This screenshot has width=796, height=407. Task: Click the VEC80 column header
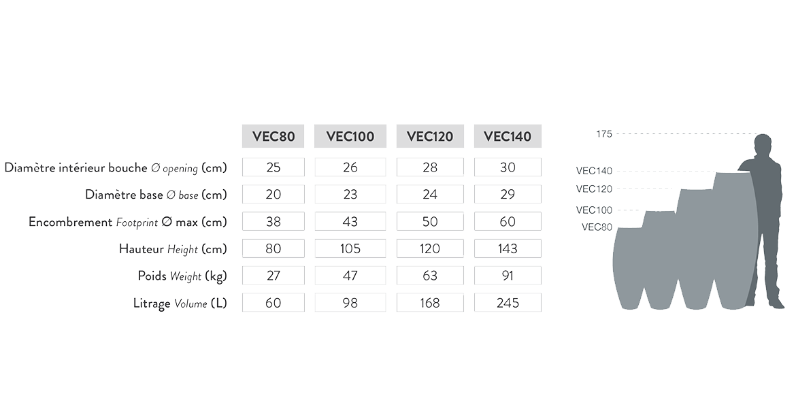pos(273,136)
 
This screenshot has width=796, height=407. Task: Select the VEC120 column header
pos(430,136)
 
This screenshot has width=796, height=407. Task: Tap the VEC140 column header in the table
pos(508,136)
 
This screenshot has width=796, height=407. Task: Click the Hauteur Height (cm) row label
pos(173,249)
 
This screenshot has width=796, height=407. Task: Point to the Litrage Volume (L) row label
pos(180,304)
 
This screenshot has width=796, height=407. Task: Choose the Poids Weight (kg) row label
pos(182,276)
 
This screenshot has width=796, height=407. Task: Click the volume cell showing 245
pos(508,303)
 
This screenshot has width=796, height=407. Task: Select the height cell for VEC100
pos(350,248)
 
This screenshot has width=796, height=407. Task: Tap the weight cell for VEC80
pos(273,276)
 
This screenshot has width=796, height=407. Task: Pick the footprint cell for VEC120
pos(430,221)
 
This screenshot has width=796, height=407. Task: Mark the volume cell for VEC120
pos(430,303)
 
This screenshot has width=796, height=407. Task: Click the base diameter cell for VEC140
pos(508,194)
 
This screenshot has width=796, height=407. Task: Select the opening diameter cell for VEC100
pos(350,167)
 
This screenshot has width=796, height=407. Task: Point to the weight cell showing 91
pos(508,276)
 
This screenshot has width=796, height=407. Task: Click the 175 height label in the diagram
pos(604,134)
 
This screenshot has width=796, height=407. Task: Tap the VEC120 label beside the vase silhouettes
pos(594,189)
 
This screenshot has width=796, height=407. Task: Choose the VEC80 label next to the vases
pos(597,227)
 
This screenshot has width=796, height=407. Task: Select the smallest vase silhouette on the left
pos(628,269)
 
